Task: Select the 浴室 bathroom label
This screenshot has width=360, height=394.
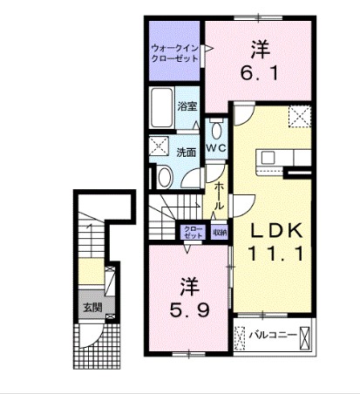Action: coord(188,108)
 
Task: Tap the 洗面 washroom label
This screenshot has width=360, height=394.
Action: coord(187,151)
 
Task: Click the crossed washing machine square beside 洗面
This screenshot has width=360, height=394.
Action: coord(160,146)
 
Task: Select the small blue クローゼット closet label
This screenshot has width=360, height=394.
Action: coord(193,233)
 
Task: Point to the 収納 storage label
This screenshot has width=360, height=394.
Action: coord(219,233)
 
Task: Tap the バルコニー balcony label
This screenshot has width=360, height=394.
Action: coord(270,334)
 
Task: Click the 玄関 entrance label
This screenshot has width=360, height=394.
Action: coord(92,307)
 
